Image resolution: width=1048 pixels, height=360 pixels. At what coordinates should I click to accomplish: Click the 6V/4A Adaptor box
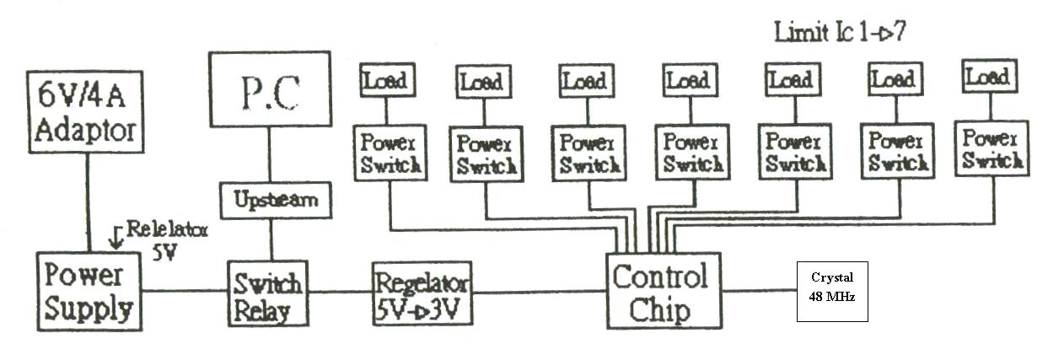(x=88, y=115)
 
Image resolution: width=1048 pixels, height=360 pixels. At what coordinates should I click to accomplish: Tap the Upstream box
(x=271, y=200)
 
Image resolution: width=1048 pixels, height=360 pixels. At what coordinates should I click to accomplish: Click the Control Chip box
(x=663, y=290)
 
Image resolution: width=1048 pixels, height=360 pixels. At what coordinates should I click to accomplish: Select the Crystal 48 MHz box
(x=831, y=291)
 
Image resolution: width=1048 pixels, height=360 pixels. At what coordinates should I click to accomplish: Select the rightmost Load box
(x=987, y=77)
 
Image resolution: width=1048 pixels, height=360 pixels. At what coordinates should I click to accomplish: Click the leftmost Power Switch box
(x=390, y=151)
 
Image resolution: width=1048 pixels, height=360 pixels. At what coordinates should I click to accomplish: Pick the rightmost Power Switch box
(x=992, y=148)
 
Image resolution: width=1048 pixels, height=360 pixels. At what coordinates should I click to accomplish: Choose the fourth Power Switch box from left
(x=693, y=153)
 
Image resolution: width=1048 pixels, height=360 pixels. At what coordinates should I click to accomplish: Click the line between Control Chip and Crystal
(x=759, y=292)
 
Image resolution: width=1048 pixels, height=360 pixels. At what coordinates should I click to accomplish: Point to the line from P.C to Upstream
(x=271, y=157)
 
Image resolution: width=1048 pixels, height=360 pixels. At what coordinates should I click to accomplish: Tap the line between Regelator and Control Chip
(x=540, y=292)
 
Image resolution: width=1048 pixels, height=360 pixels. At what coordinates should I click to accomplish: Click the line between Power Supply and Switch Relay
(x=184, y=292)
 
